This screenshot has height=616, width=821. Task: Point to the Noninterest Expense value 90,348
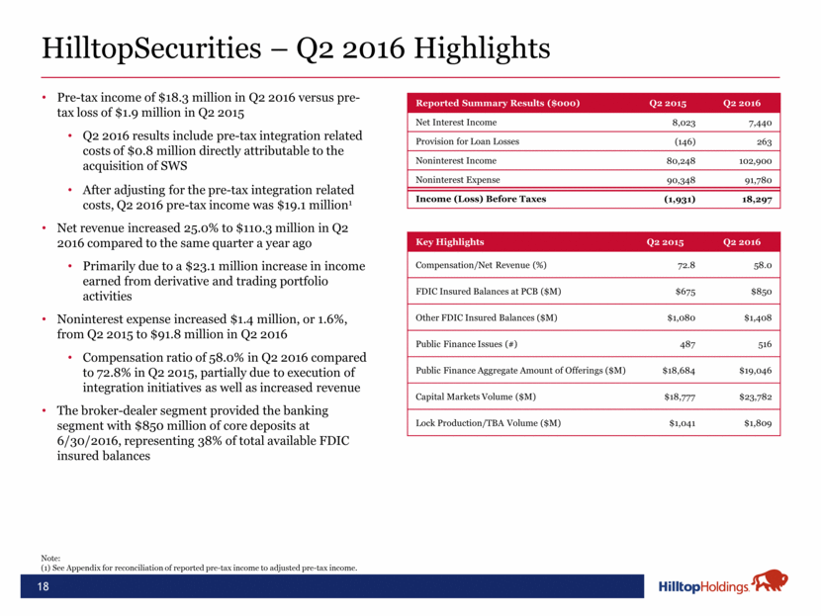(680, 180)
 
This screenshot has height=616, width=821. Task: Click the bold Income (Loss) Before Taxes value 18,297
(752, 199)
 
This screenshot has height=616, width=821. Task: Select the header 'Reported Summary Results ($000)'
(497, 103)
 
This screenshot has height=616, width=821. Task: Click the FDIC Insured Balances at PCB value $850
(759, 293)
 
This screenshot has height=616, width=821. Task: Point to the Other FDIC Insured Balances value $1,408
(754, 318)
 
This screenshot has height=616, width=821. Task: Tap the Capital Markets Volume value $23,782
(751, 396)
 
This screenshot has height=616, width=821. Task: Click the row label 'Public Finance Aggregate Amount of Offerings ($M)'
(520, 370)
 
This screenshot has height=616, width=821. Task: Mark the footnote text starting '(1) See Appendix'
(198, 568)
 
